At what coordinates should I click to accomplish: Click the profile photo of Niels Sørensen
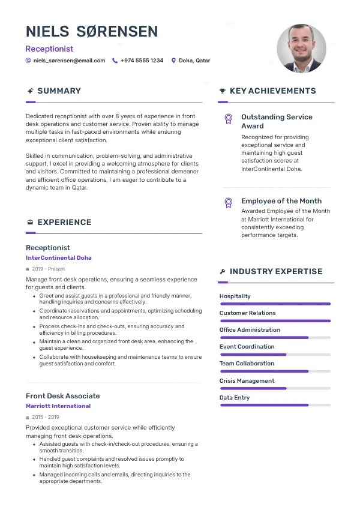pyautogui.click(x=301, y=49)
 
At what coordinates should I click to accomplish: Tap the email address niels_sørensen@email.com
pyautogui.click(x=69, y=61)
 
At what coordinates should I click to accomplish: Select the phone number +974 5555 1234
pyautogui.click(x=142, y=61)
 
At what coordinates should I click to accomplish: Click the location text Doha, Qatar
pyautogui.click(x=194, y=61)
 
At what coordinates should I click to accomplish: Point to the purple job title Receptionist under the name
pyautogui.click(x=49, y=49)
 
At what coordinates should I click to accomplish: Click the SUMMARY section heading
pyautogui.click(x=59, y=91)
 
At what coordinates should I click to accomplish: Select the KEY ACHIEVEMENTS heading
pyautogui.click(x=272, y=91)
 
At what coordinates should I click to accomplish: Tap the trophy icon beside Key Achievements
pyautogui.click(x=223, y=91)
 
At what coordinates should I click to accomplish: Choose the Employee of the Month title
pyautogui.click(x=281, y=201)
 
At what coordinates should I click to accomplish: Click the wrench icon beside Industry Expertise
pyautogui.click(x=223, y=272)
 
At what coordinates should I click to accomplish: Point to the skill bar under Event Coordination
pyautogui.click(x=275, y=355)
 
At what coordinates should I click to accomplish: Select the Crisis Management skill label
pyautogui.click(x=247, y=381)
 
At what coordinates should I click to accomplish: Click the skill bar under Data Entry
pyautogui.click(x=275, y=405)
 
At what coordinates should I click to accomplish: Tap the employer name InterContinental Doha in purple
pyautogui.click(x=59, y=258)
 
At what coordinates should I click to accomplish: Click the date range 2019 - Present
pyautogui.click(x=48, y=269)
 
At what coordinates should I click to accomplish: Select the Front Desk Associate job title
pyautogui.click(x=63, y=396)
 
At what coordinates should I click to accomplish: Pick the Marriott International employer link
pyautogui.click(x=58, y=406)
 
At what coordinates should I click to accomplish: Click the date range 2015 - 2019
pyautogui.click(x=46, y=417)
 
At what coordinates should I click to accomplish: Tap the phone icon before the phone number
pyautogui.click(x=115, y=61)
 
